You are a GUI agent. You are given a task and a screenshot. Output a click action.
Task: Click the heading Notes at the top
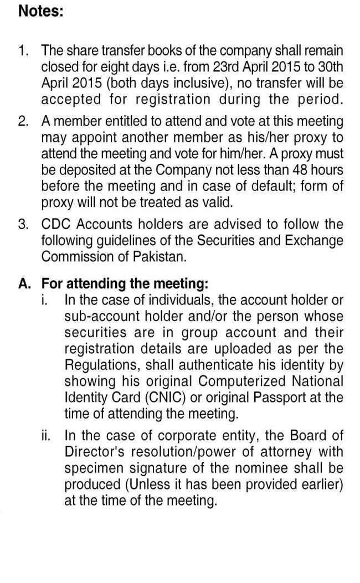tap(41, 12)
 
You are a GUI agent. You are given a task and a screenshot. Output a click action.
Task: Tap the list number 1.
tap(23, 51)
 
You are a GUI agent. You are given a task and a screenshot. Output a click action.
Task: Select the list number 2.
tap(23, 121)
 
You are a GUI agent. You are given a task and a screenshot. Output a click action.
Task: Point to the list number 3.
tap(23, 224)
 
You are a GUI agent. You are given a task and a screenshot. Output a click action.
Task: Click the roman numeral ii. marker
tap(47, 435)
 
